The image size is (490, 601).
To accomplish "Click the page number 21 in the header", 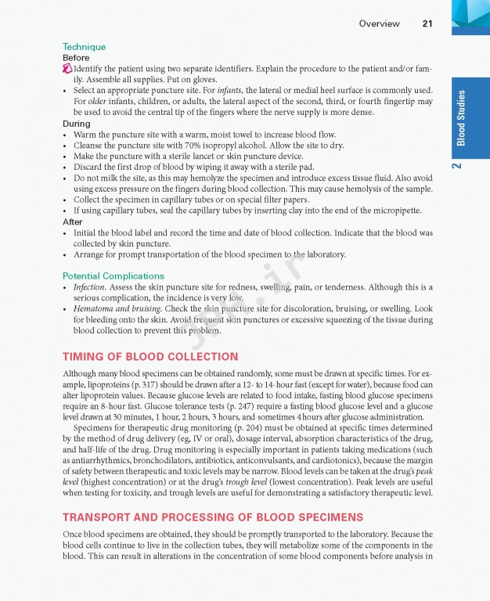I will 427,23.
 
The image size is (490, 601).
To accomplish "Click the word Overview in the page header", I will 379,23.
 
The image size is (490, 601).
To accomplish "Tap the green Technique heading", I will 84,47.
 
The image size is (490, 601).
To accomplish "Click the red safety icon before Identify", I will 67,69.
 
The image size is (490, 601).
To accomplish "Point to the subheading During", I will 76,124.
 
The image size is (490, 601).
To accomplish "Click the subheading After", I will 72,222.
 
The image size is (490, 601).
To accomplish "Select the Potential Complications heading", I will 113,276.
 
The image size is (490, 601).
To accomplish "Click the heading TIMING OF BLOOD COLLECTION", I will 150,357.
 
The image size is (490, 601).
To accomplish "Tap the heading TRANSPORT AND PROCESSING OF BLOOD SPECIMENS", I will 212,517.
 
